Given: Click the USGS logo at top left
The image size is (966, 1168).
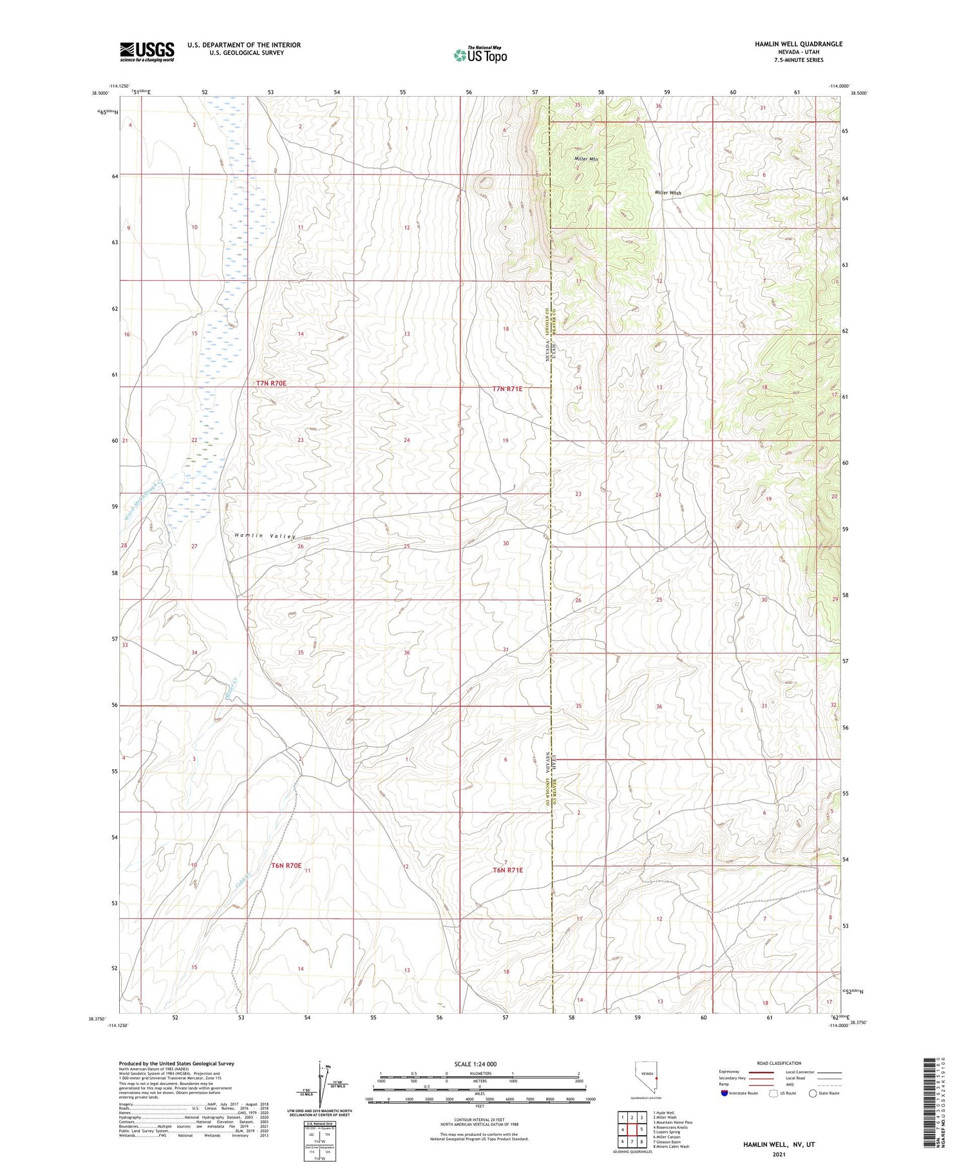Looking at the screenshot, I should (147, 52).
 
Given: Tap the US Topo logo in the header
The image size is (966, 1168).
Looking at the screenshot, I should (480, 55).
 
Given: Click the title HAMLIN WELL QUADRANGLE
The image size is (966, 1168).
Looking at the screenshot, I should (798, 44).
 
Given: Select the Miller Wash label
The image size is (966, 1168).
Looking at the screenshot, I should (667, 193).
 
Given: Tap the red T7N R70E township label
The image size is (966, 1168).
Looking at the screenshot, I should (271, 383).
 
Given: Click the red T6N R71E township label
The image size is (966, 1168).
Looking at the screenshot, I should (507, 870).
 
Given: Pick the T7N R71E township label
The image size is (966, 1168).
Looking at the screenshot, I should (507, 388).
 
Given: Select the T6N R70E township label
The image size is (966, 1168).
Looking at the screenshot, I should (287, 865).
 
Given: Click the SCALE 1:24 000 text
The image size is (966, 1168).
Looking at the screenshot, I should (476, 1064).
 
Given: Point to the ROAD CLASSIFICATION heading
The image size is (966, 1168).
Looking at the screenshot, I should (779, 1063).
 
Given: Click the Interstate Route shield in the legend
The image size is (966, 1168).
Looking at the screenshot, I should (724, 1093).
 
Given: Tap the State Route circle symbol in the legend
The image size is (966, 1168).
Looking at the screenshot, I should (813, 1093).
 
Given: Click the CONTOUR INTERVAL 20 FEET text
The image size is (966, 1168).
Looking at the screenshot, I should (479, 1120).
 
